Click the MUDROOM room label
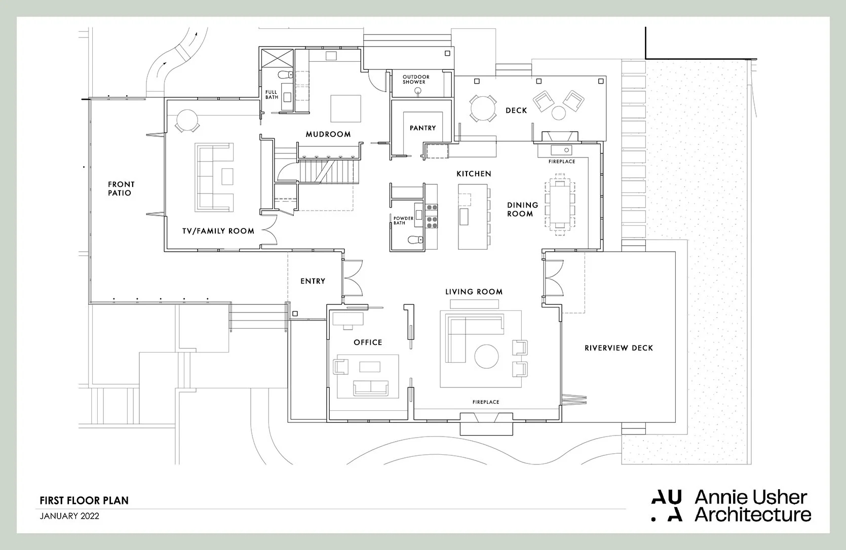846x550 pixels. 328,134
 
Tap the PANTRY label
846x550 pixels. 422,128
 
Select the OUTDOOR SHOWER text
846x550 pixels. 416,80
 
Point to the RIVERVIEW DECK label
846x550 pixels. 619,348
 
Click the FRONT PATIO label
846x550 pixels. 121,188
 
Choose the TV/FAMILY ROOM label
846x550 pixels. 218,231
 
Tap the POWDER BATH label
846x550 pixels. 403,220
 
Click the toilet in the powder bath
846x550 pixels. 415,240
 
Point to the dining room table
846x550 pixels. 559,205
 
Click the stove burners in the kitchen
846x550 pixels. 432,214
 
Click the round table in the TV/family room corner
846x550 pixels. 187,121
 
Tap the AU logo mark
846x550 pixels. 666,505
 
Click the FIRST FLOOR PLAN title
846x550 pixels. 84,500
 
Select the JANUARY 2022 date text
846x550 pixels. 69,516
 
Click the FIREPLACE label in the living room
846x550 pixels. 485,402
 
